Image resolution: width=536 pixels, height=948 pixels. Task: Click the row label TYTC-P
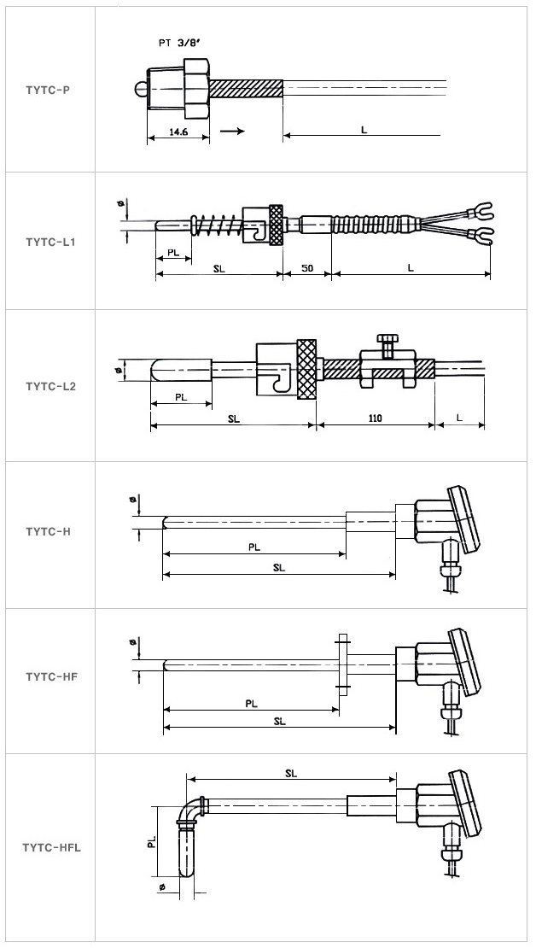pos(47,89)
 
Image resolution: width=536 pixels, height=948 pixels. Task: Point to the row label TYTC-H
pos(48,531)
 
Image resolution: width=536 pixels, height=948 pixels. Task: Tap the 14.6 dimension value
pos(178,132)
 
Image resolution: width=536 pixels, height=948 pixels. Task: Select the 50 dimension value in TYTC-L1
pos(307,268)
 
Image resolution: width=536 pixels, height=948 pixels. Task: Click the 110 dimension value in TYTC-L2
pos(375,418)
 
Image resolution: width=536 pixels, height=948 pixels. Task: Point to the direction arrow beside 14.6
pos(231,132)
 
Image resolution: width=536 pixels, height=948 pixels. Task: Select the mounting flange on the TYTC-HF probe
pos(342,662)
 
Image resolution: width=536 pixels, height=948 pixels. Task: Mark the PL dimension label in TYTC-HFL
pos(151,841)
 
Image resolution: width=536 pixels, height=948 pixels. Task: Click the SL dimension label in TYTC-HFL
pos(291,773)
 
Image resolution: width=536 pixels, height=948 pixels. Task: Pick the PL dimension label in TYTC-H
pos(254,547)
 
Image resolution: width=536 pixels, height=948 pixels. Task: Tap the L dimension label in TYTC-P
pos(364,129)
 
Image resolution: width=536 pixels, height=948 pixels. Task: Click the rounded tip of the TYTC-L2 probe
pos(155,371)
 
